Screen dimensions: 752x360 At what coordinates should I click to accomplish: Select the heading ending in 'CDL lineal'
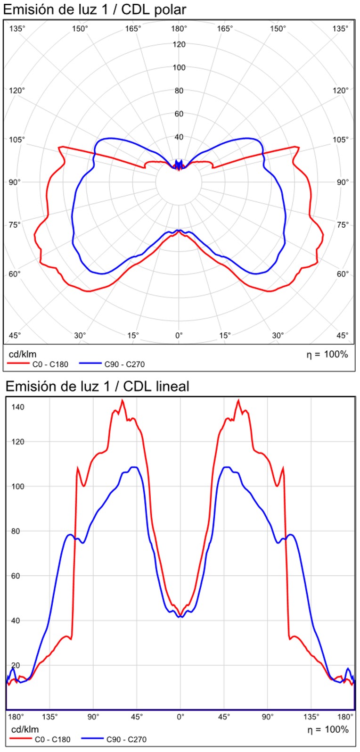tap(97, 386)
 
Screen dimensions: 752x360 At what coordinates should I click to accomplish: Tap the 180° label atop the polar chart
tap(179, 28)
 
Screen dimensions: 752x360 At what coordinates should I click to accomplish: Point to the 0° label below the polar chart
tap(179, 335)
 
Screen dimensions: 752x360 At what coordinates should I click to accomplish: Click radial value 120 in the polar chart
tap(179, 44)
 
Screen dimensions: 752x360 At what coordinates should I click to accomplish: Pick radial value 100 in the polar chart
tap(179, 67)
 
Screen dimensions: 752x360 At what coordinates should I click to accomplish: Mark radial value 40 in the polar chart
tap(179, 137)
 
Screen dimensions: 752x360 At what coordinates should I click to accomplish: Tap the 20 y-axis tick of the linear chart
tap(16, 665)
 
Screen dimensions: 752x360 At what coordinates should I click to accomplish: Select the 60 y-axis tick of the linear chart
tap(16, 576)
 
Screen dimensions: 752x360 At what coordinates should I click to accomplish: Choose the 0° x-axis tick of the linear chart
tap(180, 717)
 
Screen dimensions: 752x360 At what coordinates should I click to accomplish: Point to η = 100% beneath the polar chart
tap(327, 354)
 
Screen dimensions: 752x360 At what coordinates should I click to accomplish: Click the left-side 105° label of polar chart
tap(17, 140)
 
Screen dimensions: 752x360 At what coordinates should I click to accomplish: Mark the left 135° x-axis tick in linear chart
tap(49, 717)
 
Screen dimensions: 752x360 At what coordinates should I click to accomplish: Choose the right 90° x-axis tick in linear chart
tap(268, 717)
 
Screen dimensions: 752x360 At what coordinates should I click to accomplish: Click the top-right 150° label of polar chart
tap(278, 28)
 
